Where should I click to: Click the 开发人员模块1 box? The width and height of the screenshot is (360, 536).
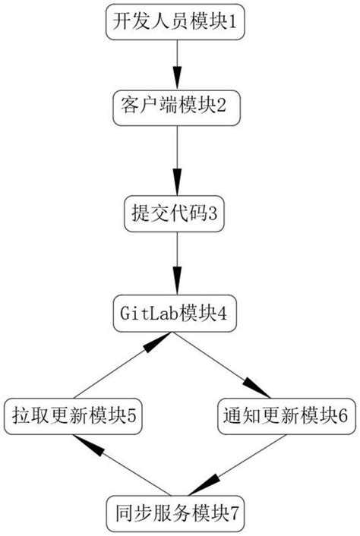(x=176, y=22)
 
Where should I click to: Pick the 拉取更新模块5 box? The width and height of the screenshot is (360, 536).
(x=73, y=415)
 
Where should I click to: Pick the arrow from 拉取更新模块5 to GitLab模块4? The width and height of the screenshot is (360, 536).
(x=122, y=365)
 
